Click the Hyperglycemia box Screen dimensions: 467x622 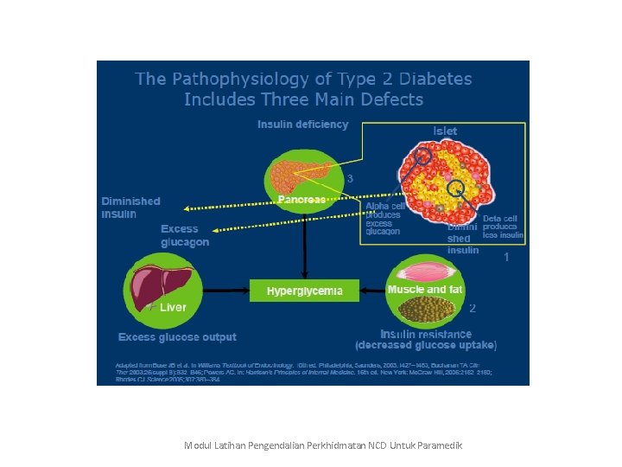click(304, 291)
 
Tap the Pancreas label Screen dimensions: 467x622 click(301, 200)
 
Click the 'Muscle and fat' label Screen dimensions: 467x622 click(425, 290)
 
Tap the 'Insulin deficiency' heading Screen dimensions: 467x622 click(302, 125)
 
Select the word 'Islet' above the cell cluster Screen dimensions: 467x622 click(445, 131)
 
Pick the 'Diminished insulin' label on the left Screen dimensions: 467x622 click(130, 208)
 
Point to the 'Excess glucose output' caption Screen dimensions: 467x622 click(177, 337)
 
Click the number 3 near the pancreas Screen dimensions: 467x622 click(350, 179)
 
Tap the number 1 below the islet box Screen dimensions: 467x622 click(505, 257)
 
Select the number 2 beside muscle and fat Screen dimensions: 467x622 click(473, 308)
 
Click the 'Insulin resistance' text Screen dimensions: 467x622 click(426, 334)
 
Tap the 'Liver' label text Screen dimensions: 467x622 click(173, 307)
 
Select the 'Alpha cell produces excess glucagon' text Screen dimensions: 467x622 click(384, 219)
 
